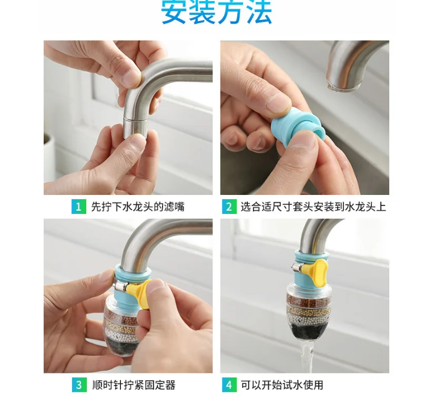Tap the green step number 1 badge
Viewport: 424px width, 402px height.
(x=78, y=207)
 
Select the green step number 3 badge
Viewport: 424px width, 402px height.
(x=78, y=385)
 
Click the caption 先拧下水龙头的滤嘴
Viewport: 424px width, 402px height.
(x=138, y=207)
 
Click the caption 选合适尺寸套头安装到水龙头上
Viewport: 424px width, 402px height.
(x=313, y=207)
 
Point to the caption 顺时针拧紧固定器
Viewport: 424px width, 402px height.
(x=133, y=385)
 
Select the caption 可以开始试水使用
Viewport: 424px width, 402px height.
(x=282, y=385)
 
